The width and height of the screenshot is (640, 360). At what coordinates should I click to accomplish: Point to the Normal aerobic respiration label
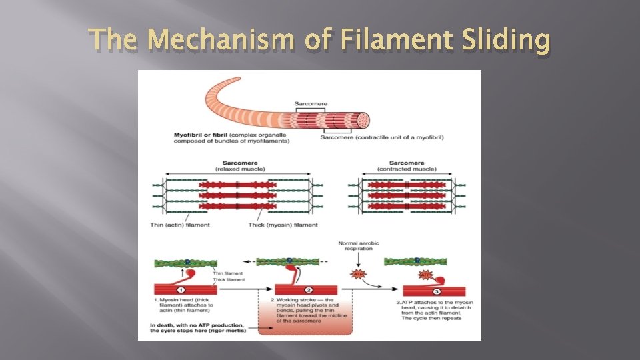(x=359, y=247)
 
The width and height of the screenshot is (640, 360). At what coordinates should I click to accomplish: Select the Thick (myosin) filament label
(x=283, y=225)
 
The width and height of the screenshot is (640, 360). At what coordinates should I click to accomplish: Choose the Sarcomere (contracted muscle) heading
(x=407, y=166)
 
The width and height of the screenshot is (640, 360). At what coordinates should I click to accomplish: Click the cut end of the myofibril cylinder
(x=363, y=120)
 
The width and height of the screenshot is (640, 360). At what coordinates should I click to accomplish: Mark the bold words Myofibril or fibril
(x=199, y=135)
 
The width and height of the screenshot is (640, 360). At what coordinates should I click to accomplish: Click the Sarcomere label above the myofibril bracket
(x=311, y=103)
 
